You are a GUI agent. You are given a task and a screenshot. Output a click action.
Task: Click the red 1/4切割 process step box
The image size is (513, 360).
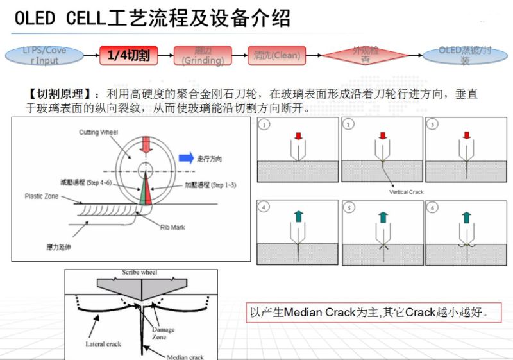point(128,56)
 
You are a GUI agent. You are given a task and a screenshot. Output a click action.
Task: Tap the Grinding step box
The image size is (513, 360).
point(202,56)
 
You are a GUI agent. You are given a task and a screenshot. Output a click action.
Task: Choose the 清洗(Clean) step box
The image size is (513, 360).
point(276,56)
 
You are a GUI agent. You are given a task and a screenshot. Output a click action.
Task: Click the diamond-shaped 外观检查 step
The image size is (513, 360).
point(365,56)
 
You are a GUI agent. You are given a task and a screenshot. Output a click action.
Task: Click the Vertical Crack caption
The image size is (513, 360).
point(407,191)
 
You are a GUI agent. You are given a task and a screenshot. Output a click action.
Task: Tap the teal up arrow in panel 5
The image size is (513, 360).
point(383,218)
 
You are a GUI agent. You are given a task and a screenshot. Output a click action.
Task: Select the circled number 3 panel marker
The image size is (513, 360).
point(433,124)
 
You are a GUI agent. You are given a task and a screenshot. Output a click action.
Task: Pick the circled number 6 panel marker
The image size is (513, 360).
point(433,207)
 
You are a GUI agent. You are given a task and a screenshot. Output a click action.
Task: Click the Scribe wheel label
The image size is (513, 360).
point(140,273)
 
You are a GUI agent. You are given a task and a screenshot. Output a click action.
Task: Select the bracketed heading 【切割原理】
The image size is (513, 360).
point(55,94)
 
